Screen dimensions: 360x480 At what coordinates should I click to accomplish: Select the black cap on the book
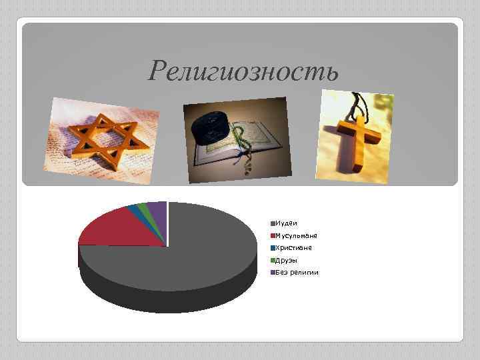click(212, 127)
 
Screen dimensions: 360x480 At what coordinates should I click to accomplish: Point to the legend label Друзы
click(287, 260)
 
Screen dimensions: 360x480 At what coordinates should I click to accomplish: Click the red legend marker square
click(272, 235)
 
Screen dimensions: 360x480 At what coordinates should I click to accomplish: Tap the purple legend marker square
click(272, 272)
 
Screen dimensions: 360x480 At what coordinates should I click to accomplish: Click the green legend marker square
click(272, 260)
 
